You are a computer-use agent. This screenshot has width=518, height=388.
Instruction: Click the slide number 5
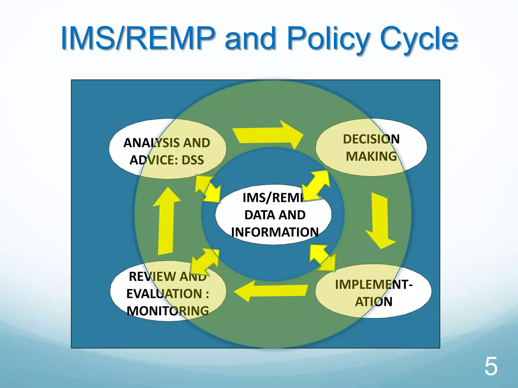pos(491,367)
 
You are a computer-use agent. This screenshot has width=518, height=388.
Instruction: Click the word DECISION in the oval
pos(371,139)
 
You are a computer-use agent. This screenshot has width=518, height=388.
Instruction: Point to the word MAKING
pos(371,156)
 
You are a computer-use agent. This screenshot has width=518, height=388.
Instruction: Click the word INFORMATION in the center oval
pos(275,232)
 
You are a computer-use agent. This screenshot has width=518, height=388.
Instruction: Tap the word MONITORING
pos(168,311)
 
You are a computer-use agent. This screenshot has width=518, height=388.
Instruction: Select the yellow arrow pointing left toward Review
pos(271,290)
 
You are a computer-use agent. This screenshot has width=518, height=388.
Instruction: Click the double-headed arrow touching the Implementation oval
pos(323,258)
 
